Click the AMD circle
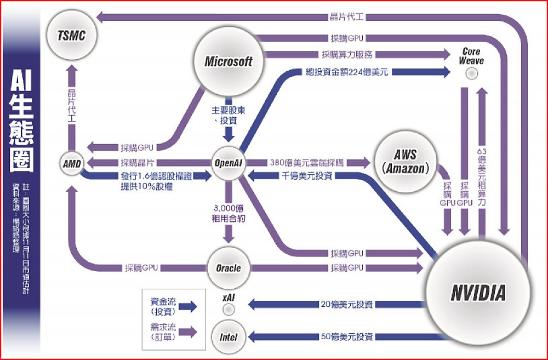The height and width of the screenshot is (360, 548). point(71,163)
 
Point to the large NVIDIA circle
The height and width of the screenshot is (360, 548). point(478,293)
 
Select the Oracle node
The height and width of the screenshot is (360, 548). point(228,268)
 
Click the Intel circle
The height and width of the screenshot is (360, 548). point(229,337)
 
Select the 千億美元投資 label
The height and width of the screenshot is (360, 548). point(307,176)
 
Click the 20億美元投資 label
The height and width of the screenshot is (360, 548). point(347,304)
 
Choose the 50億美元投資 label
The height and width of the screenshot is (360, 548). point(347,336)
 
